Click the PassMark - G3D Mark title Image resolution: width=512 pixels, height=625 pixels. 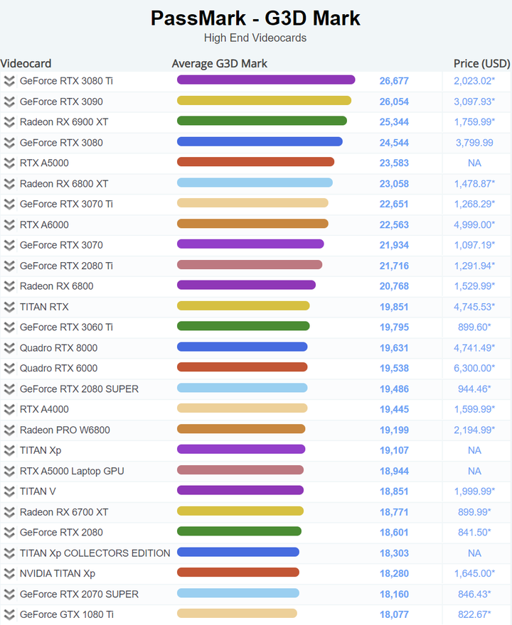(255, 18)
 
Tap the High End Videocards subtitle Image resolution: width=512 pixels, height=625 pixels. (255, 38)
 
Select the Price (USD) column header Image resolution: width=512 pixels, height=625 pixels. (481, 63)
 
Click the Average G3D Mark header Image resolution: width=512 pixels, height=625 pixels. (220, 63)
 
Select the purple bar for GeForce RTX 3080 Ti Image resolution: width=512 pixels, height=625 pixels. (266, 80)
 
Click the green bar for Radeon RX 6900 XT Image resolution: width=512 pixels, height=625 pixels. (262, 121)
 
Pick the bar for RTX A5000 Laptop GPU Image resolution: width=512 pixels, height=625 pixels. (240, 470)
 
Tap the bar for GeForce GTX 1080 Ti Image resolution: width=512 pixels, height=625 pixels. (237, 614)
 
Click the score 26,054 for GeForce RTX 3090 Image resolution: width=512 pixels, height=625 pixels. (394, 102)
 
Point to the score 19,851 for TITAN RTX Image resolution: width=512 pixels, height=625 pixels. (394, 307)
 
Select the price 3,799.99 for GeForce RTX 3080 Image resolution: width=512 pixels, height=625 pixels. (474, 143)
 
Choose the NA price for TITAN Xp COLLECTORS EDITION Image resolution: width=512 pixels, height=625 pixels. (474, 553)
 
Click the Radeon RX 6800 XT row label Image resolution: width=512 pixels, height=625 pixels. (64, 184)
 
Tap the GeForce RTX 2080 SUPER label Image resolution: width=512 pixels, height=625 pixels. (79, 388)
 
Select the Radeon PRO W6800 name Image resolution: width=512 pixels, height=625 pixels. (65, 430)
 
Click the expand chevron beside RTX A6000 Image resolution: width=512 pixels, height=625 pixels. (9, 225)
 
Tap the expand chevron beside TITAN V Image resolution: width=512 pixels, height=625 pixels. (9, 491)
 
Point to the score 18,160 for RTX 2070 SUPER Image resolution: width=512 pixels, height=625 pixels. (394, 594)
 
